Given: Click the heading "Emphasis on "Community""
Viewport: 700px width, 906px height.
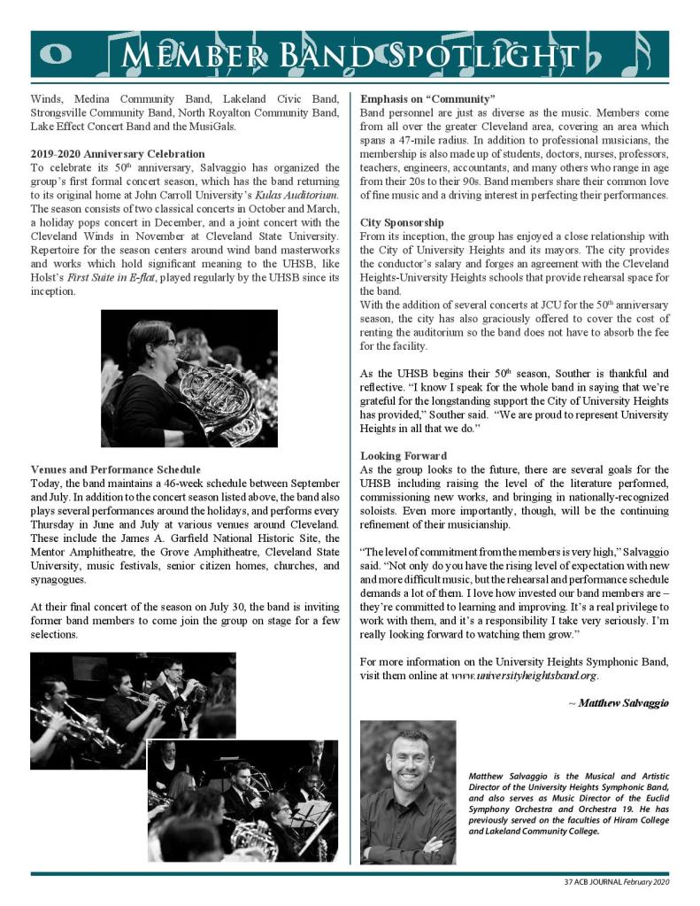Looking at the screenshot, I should (x=427, y=97).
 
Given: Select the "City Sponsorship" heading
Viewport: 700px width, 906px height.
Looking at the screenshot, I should (x=402, y=222).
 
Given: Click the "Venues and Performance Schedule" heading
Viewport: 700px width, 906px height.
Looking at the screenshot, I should (x=115, y=468).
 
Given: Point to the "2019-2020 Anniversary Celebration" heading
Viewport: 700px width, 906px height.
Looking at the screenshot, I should (x=118, y=154).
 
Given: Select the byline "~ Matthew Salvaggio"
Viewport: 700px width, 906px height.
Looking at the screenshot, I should (x=619, y=702).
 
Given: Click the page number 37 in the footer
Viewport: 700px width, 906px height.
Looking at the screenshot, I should (x=568, y=883).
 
